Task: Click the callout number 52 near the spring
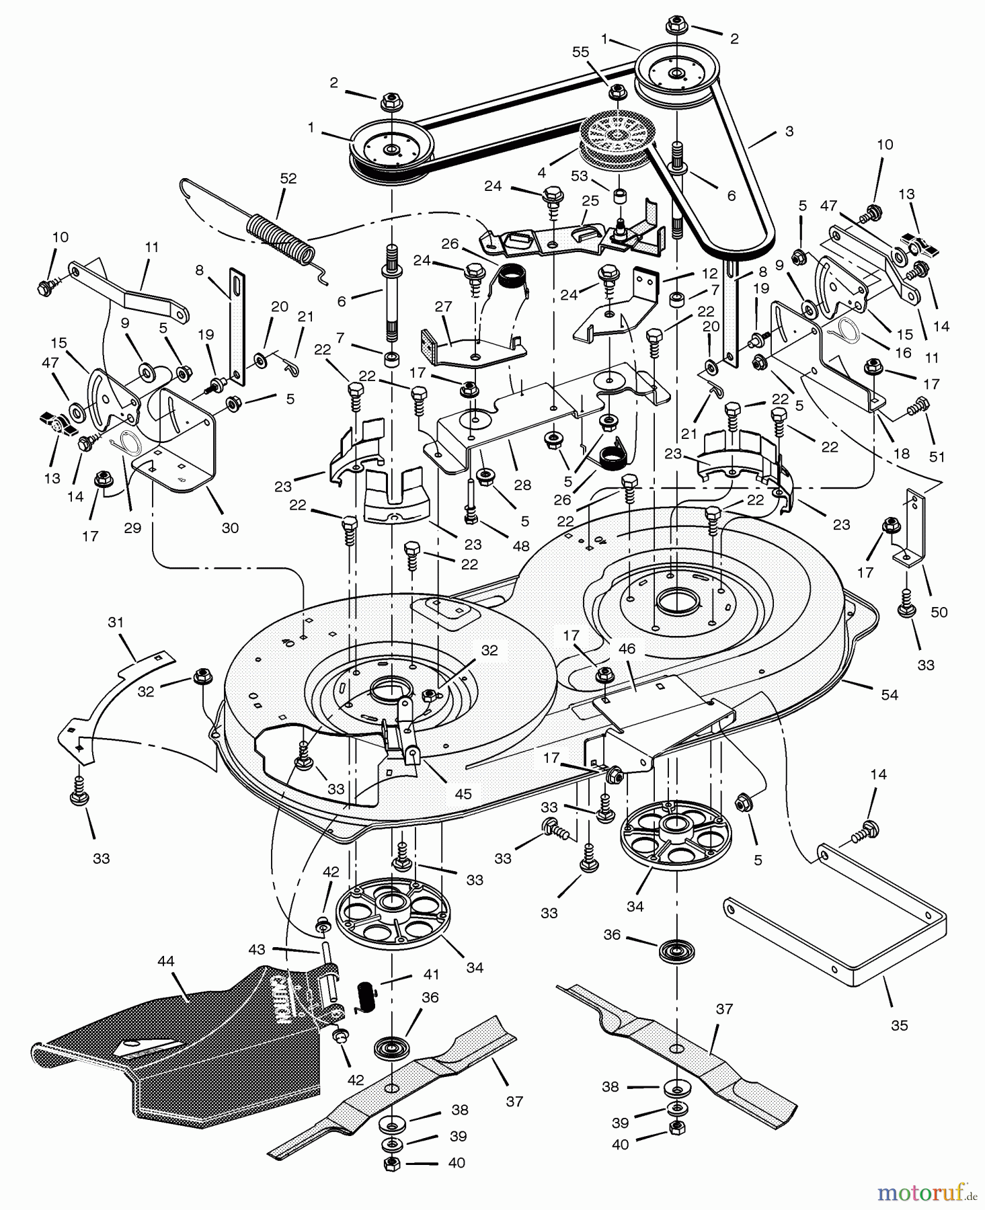pyautogui.click(x=288, y=179)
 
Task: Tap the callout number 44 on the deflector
pyautogui.click(x=165, y=962)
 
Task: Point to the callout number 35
pyautogui.click(x=899, y=1025)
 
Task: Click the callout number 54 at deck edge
pyautogui.click(x=890, y=695)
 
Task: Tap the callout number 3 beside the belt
pyautogui.click(x=789, y=132)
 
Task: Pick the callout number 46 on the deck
pyautogui.click(x=627, y=649)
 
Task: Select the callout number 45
pyautogui.click(x=463, y=794)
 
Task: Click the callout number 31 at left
pyautogui.click(x=116, y=622)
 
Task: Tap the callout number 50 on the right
pyautogui.click(x=939, y=612)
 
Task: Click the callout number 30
pyautogui.click(x=230, y=528)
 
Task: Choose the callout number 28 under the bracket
pyautogui.click(x=522, y=485)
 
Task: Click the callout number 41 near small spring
pyautogui.click(x=431, y=974)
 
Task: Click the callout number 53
pyautogui.click(x=580, y=176)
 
